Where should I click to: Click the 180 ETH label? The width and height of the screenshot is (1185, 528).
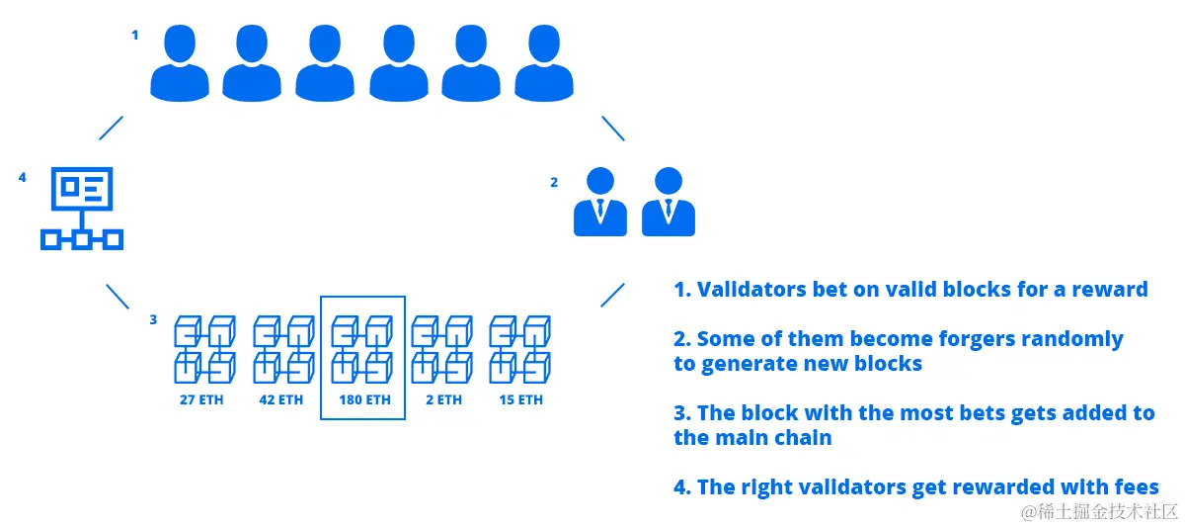[x=363, y=400]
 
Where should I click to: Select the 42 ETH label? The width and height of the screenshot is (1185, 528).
[x=282, y=400]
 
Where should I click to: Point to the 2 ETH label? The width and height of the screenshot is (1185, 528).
[x=442, y=400]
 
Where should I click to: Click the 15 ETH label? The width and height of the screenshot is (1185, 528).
[x=520, y=400]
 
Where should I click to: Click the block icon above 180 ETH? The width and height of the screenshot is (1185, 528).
[x=363, y=350]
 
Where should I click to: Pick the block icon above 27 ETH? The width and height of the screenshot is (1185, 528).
[x=204, y=350]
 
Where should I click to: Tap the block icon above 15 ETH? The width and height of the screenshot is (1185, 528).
[x=520, y=350]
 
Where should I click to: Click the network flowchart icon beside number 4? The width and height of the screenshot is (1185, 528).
[x=81, y=209]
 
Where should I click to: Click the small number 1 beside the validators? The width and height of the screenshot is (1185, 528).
[x=135, y=35]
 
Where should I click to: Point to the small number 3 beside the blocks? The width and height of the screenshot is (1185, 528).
[x=153, y=319]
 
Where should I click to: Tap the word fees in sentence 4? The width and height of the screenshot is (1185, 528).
[x=1134, y=486]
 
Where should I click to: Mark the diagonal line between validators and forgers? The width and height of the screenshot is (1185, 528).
[x=613, y=128]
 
